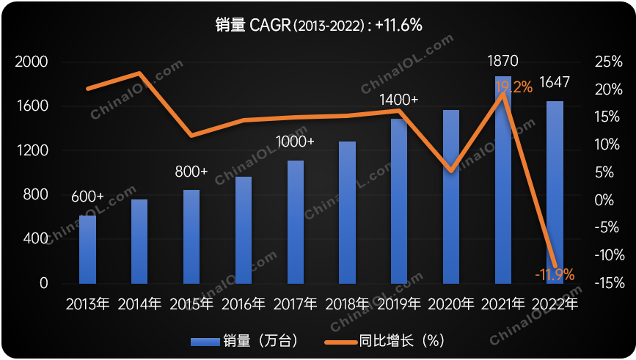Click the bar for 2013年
(x=87, y=249)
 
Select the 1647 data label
(x=555, y=82)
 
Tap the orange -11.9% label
(x=555, y=275)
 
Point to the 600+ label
(x=87, y=197)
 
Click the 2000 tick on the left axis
(x=32, y=62)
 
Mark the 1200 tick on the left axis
(x=32, y=151)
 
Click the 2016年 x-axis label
(x=244, y=304)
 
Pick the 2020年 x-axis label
(x=451, y=304)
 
